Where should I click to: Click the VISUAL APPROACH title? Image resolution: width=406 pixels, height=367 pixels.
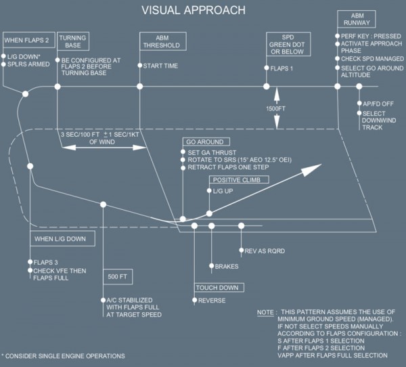coord(194,10)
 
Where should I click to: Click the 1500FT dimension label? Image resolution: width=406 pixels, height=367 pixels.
coord(276,108)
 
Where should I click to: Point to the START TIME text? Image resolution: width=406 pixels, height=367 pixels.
coord(160,66)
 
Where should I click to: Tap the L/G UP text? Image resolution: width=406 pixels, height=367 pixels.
coord(223,191)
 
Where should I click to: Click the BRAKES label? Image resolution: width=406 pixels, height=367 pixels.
coord(227,266)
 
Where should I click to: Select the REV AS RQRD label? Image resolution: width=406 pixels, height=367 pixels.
coord(265,251)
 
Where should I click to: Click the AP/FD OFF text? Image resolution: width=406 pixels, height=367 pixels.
coord(378,104)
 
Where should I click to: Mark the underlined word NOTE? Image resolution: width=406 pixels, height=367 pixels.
coord(265,313)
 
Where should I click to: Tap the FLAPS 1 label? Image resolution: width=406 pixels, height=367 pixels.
coord(281,68)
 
